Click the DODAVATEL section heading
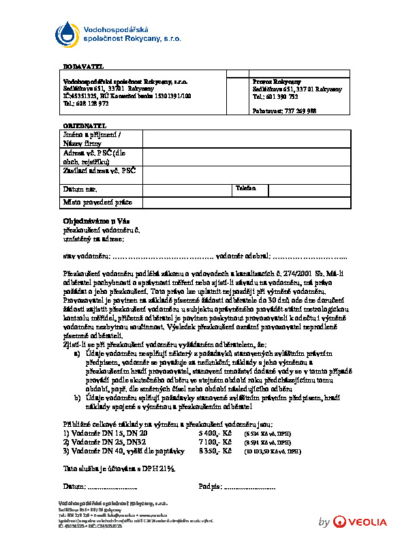(x=82, y=66)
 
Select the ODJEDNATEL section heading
(x=85, y=127)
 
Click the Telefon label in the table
(x=245, y=187)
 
